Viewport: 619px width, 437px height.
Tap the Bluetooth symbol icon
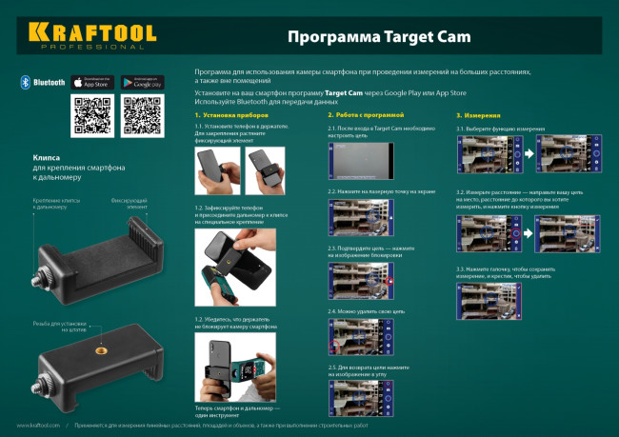[x=26, y=83]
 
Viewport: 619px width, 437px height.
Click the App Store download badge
[x=92, y=83]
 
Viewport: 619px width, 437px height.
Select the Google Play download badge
[x=143, y=83]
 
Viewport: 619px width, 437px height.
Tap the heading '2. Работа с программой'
[x=365, y=115]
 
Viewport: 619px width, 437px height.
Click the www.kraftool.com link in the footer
[x=38, y=426]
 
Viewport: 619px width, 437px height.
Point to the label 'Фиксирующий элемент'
[x=129, y=204]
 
